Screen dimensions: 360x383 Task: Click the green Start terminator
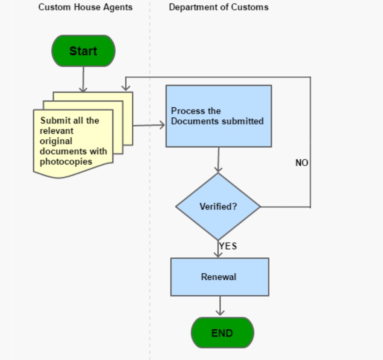tap(83, 51)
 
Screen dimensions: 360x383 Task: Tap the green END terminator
tap(222, 333)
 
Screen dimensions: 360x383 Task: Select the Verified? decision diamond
tap(218, 207)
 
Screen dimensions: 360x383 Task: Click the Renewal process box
tap(219, 277)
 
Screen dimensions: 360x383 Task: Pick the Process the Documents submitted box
tap(218, 116)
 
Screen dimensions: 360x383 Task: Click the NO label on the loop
tap(302, 163)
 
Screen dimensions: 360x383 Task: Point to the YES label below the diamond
tap(228, 246)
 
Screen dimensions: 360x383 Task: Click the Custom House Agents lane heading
tap(85, 7)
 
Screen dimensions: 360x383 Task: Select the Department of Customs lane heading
tap(218, 7)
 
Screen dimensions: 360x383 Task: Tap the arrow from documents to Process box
tap(149, 125)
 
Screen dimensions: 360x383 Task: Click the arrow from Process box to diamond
tap(218, 160)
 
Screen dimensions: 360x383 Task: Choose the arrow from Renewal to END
tap(220, 306)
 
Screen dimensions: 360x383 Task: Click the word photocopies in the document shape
tap(66, 161)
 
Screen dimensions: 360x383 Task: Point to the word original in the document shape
tap(56, 141)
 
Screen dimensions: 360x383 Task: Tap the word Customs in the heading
tap(253, 7)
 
